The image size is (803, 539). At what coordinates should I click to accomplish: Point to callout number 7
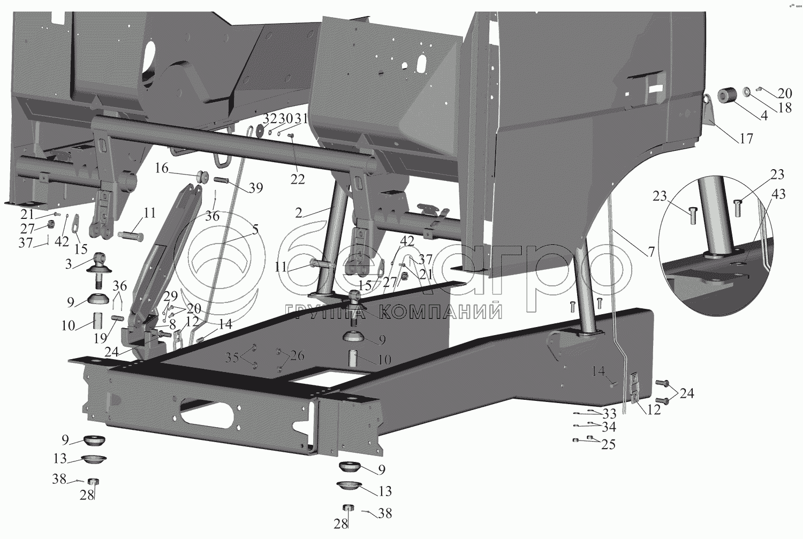coord(651,251)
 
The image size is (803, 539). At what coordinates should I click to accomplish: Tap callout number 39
coord(256,187)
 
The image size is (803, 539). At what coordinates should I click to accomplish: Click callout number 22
coord(298,180)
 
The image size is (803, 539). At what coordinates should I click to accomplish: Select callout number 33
coord(609,414)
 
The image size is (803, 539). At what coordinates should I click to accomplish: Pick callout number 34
coord(609,427)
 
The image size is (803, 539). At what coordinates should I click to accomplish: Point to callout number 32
coord(270,118)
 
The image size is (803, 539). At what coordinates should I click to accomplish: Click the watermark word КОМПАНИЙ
coord(442,312)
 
